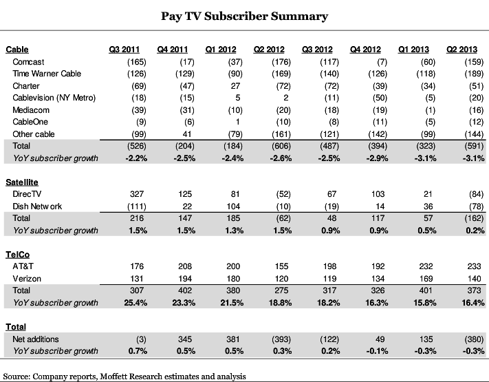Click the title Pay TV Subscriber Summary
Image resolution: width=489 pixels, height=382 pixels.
pos(245,15)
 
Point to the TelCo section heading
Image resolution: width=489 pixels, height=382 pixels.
pos(19,253)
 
